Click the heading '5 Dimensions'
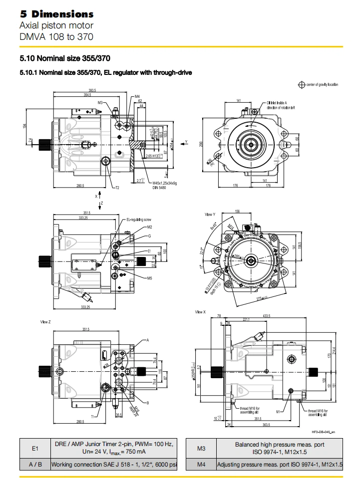[x=56, y=14]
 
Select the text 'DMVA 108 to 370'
[x=56, y=36]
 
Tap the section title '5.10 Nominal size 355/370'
[x=64, y=58]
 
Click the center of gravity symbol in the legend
[x=301, y=85]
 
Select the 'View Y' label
[x=210, y=214]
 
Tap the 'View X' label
[x=200, y=312]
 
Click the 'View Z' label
[x=46, y=322]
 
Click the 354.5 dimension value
[x=87, y=94]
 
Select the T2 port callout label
[x=118, y=188]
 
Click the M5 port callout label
[x=149, y=278]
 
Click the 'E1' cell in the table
[x=35, y=449]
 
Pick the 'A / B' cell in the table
[x=35, y=465]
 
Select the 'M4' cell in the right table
[x=201, y=465]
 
